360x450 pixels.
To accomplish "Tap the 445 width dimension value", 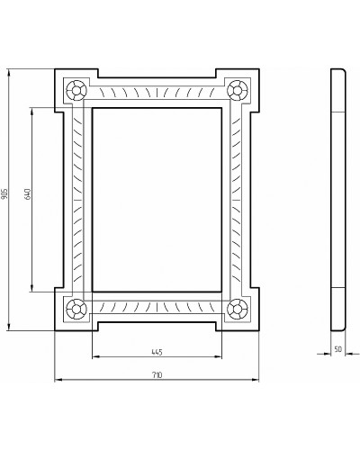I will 157,351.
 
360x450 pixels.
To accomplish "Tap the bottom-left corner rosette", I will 76,309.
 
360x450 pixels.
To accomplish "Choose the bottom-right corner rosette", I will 238,309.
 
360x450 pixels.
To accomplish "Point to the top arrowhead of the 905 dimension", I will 11,70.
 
